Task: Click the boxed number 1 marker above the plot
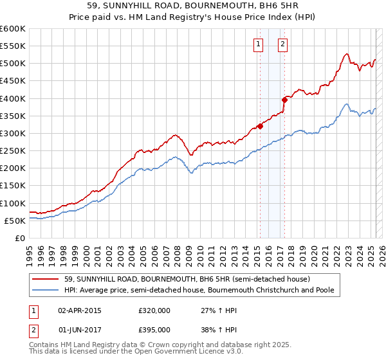(x=258, y=44)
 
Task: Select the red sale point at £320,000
(x=261, y=126)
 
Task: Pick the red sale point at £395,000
(x=284, y=100)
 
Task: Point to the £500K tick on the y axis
(x=13, y=64)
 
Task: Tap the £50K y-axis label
(x=15, y=221)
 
